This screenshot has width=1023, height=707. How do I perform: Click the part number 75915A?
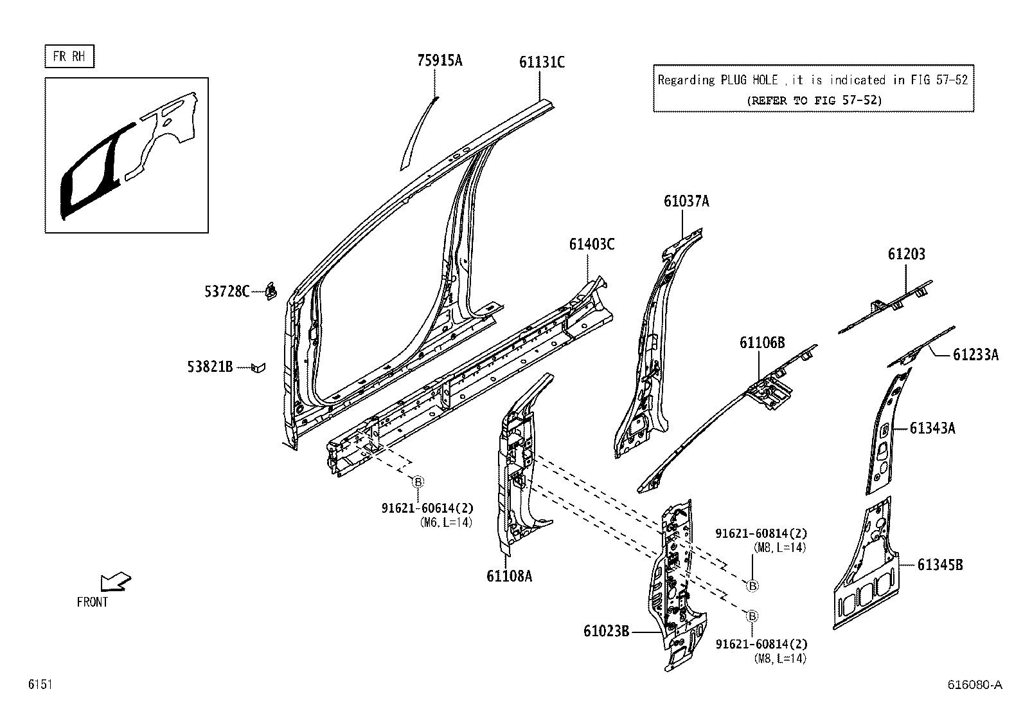click(x=440, y=61)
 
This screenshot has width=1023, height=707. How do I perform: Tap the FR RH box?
click(x=69, y=57)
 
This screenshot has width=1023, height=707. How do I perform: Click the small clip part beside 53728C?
click(x=271, y=291)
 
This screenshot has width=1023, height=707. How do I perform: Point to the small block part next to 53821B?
click(x=258, y=367)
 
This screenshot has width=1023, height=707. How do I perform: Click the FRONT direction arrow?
click(x=116, y=582)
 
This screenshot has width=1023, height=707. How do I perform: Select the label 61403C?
click(x=591, y=244)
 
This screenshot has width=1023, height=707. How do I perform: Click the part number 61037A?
click(x=686, y=201)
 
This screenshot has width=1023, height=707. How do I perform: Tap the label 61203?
click(x=907, y=254)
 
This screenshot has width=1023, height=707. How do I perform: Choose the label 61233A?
click(x=975, y=354)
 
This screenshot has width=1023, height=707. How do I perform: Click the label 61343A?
click(x=932, y=428)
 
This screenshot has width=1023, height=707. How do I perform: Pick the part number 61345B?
click(x=939, y=565)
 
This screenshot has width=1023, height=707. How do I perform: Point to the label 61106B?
click(x=762, y=343)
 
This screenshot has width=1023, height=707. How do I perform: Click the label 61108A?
click(x=509, y=576)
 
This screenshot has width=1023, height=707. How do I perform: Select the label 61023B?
click(x=606, y=631)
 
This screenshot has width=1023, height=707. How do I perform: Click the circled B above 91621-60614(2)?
click(x=418, y=482)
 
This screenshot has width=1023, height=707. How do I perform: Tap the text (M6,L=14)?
click(x=445, y=522)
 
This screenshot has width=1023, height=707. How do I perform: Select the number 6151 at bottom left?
click(x=39, y=685)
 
